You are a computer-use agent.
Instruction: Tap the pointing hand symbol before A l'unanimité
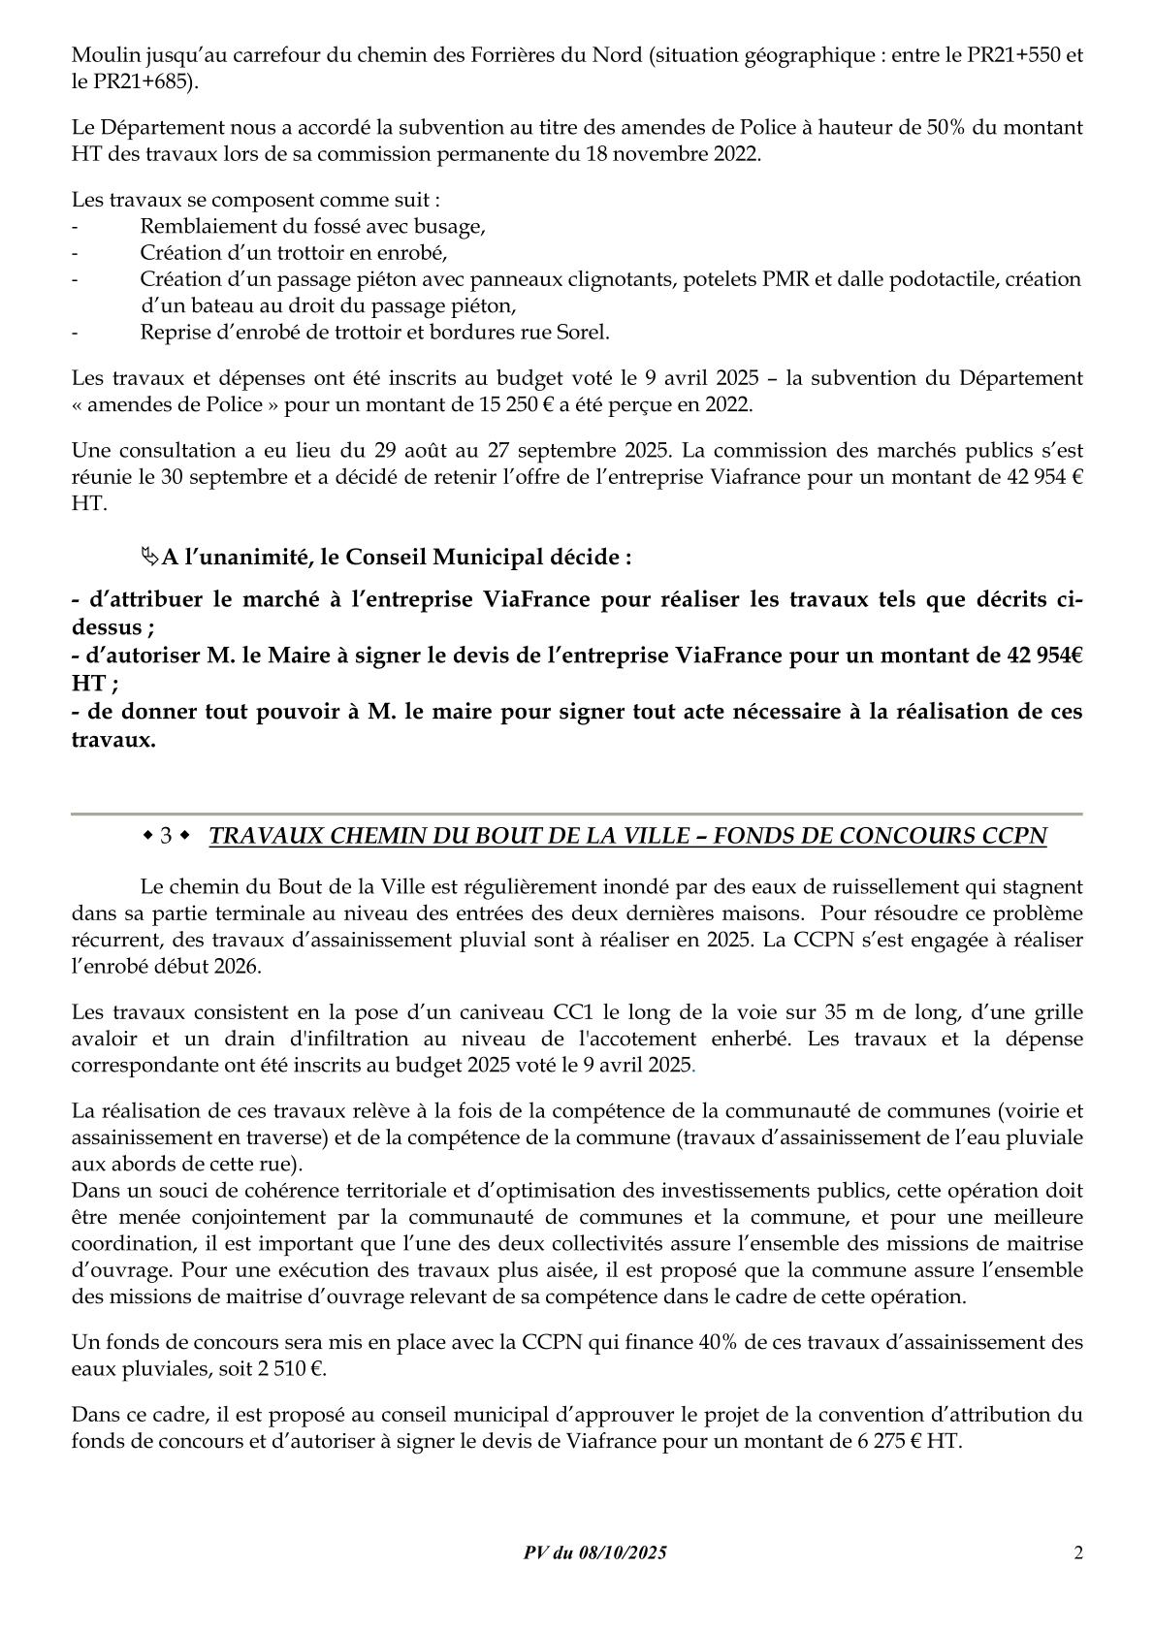pos(148,557)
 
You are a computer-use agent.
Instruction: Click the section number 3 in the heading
pos(166,836)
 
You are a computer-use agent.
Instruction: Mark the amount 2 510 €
pos(288,1369)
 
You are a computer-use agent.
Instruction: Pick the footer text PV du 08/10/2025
pos(594,1552)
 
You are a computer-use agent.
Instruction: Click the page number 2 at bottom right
pos(1078,1552)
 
